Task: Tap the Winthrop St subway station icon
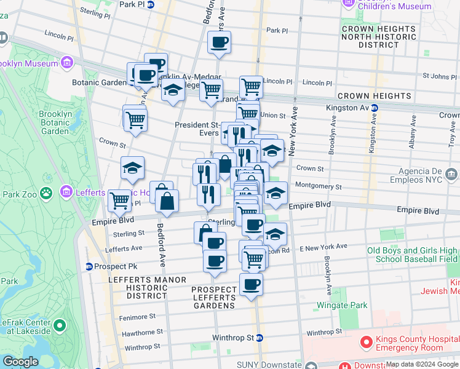point(260,338)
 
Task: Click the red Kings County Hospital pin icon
point(365,340)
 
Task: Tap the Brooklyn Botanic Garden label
point(54,122)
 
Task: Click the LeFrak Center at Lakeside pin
point(59,325)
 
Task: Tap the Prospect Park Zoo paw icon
point(46,192)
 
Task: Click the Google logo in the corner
point(20,362)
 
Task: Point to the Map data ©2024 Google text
point(422,364)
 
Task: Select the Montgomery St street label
point(318,186)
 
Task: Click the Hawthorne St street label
point(143,332)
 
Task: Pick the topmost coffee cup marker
point(219,42)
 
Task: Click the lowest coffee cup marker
point(251,285)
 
